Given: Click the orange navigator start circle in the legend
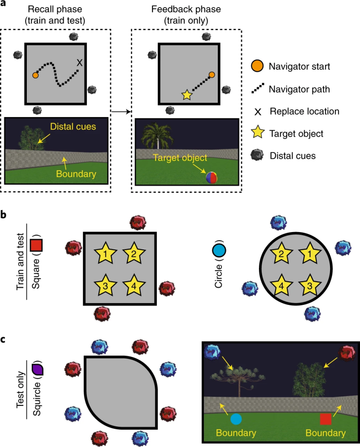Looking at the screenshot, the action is tap(257, 66).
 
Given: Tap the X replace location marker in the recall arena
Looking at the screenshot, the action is tap(80, 63).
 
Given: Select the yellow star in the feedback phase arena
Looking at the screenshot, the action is tap(186, 95).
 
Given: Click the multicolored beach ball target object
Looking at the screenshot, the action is tap(212, 177).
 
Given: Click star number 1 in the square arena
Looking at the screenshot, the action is tap(105, 253).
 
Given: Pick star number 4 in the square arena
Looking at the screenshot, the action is tap(134, 285).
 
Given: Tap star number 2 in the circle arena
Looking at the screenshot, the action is tap(281, 253).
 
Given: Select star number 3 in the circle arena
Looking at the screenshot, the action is tap(309, 285).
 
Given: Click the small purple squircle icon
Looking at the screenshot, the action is tap(37, 369).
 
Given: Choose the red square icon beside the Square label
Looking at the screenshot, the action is tap(36, 245).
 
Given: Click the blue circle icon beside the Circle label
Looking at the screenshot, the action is tap(219, 250).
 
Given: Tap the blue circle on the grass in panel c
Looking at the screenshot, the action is tap(236, 419).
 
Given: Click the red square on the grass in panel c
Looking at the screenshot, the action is tap(326, 419).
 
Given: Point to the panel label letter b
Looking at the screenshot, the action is tap(3, 214).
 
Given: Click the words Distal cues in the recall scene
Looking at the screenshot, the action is tap(73, 127).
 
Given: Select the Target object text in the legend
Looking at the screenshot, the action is tap(296, 134).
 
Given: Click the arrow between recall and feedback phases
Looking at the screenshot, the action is tap(121, 111).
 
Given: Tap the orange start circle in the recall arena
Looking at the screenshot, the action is tap(35, 75).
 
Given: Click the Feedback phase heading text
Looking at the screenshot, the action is tap(186, 9).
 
